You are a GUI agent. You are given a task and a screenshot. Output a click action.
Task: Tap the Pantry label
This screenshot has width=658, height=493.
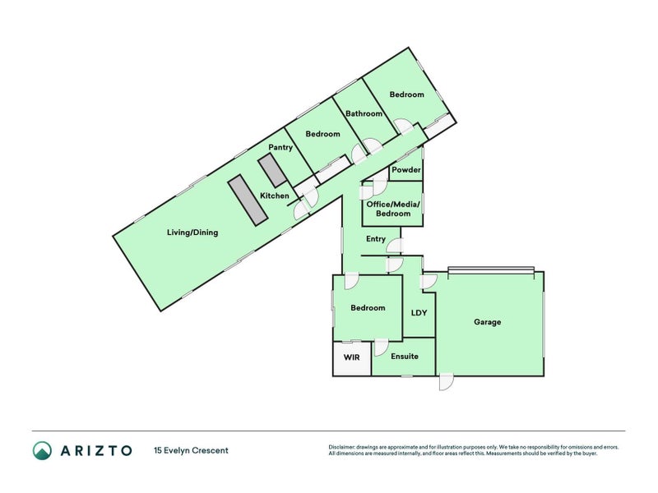click(x=280, y=148)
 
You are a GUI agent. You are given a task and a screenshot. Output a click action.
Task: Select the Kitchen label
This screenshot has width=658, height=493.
click(x=275, y=196)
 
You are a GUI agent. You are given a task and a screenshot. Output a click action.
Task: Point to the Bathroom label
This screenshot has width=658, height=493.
click(x=364, y=113)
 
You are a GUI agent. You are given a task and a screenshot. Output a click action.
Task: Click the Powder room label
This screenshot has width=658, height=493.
click(x=406, y=170)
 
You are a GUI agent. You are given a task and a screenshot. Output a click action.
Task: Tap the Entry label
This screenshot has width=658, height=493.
click(x=376, y=239)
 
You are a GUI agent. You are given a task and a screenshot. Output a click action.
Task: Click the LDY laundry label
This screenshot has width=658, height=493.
click(x=419, y=312)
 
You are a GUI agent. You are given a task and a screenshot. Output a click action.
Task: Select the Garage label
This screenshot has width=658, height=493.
click(x=487, y=322)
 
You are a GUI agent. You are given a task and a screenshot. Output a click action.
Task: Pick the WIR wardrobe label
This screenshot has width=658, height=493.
click(x=352, y=357)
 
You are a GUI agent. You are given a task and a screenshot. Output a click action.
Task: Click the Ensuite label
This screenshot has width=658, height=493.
click(x=405, y=357)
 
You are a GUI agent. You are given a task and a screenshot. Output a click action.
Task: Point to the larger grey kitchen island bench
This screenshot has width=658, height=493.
click(x=248, y=199)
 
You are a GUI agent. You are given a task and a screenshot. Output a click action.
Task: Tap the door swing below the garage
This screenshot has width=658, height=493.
click(x=446, y=382)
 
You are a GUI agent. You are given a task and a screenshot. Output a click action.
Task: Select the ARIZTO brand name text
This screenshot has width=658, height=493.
click(x=95, y=450)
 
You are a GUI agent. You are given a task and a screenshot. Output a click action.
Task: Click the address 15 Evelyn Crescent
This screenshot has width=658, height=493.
click(x=191, y=450)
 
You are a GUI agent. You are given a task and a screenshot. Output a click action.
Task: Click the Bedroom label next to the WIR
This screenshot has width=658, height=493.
click(x=368, y=308)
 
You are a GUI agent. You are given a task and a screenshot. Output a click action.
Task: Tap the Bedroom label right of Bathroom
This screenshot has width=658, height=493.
click(x=406, y=94)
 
